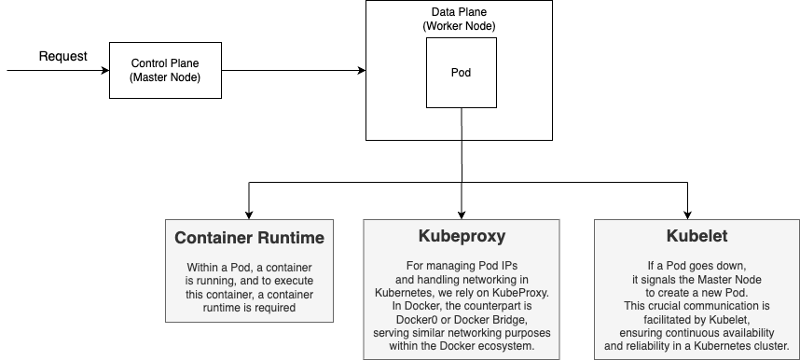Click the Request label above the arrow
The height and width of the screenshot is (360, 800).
tap(63, 56)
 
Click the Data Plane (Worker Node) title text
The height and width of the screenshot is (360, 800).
tap(459, 19)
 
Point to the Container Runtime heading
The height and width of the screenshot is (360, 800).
tap(250, 238)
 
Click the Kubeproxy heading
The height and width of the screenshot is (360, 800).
tap(462, 235)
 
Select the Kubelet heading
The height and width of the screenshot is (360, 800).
tap(697, 236)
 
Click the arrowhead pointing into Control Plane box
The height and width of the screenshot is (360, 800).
tap(105, 71)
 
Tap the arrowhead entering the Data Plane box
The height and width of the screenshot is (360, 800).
tap(363, 71)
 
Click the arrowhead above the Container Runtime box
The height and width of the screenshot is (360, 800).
tap(249, 215)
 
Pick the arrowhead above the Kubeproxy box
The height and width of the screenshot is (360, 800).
tap(462, 215)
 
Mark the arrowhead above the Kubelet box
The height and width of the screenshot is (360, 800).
tap(688, 215)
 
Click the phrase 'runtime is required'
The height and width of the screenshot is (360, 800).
tap(250, 308)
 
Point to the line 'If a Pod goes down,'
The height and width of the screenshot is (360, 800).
tap(697, 266)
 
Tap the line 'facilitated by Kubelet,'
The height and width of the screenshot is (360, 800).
tap(697, 320)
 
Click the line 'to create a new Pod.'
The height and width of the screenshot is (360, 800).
tap(697, 293)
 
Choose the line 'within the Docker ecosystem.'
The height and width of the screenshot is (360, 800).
tap(462, 346)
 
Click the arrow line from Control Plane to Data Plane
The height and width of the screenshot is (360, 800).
tap(294, 71)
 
